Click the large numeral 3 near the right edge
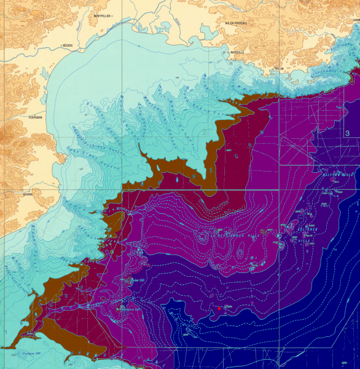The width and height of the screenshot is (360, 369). pos(348,133)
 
